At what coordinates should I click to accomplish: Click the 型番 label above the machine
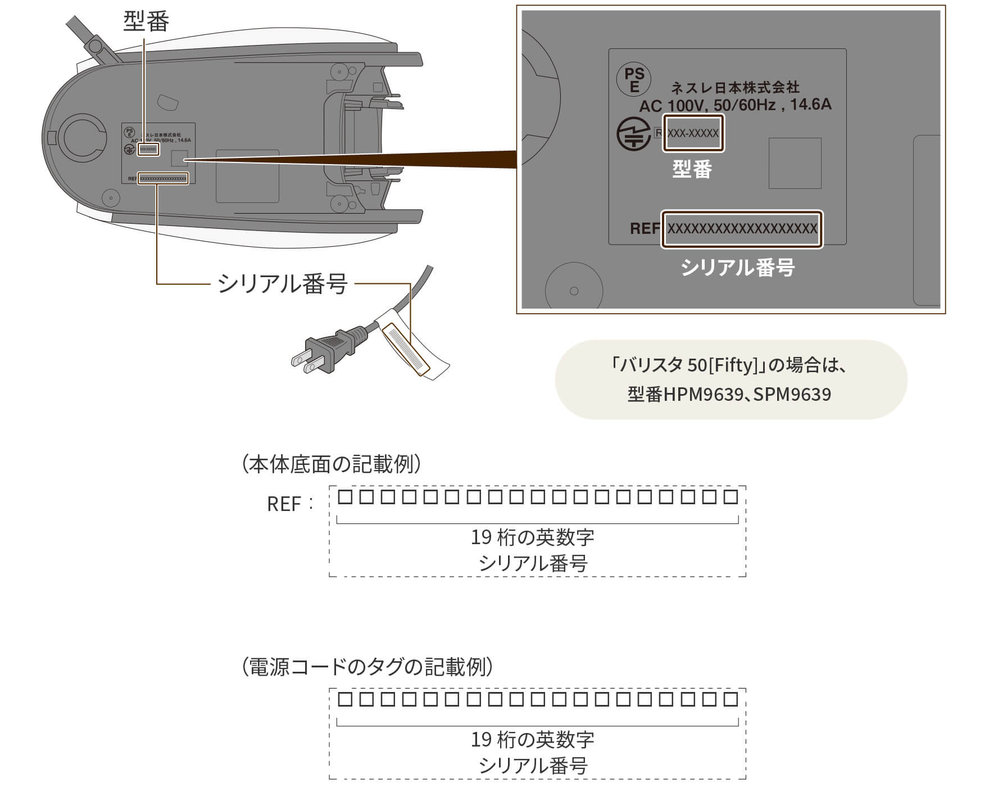pyautogui.click(x=146, y=22)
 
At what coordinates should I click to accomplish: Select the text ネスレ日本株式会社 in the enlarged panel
pyautogui.click(x=735, y=88)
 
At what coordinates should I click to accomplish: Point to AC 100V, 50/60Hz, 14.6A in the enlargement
pyautogui.click(x=735, y=105)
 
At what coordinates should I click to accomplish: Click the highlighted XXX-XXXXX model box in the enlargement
pyautogui.click(x=693, y=133)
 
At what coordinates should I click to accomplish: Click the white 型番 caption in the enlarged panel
pyautogui.click(x=692, y=169)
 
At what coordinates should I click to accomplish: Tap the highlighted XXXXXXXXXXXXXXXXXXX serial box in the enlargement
pyautogui.click(x=742, y=229)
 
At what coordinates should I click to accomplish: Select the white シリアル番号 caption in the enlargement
pyautogui.click(x=738, y=268)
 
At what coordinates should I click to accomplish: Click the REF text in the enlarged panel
pyautogui.click(x=645, y=229)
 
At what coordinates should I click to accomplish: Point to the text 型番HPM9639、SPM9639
pyautogui.click(x=729, y=394)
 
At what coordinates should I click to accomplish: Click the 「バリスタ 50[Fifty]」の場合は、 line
pyautogui.click(x=729, y=365)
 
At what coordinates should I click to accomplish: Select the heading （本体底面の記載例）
pyautogui.click(x=332, y=464)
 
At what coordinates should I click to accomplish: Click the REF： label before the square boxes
pyautogui.click(x=289, y=504)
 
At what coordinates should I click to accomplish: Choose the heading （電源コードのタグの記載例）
pyautogui.click(x=368, y=667)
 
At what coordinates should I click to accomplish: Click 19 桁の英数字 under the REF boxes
pyautogui.click(x=532, y=537)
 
